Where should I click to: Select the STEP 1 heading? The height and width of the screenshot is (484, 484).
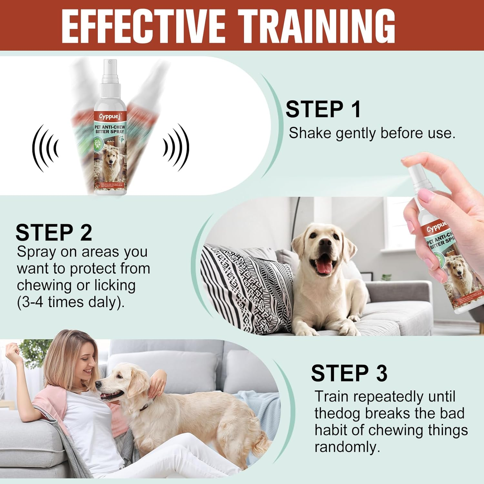click(323, 109)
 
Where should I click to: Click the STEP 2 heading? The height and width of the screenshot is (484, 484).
click(54, 233)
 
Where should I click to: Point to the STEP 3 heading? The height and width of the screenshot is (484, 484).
click(349, 373)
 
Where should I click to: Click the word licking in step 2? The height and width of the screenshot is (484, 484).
click(115, 286)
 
